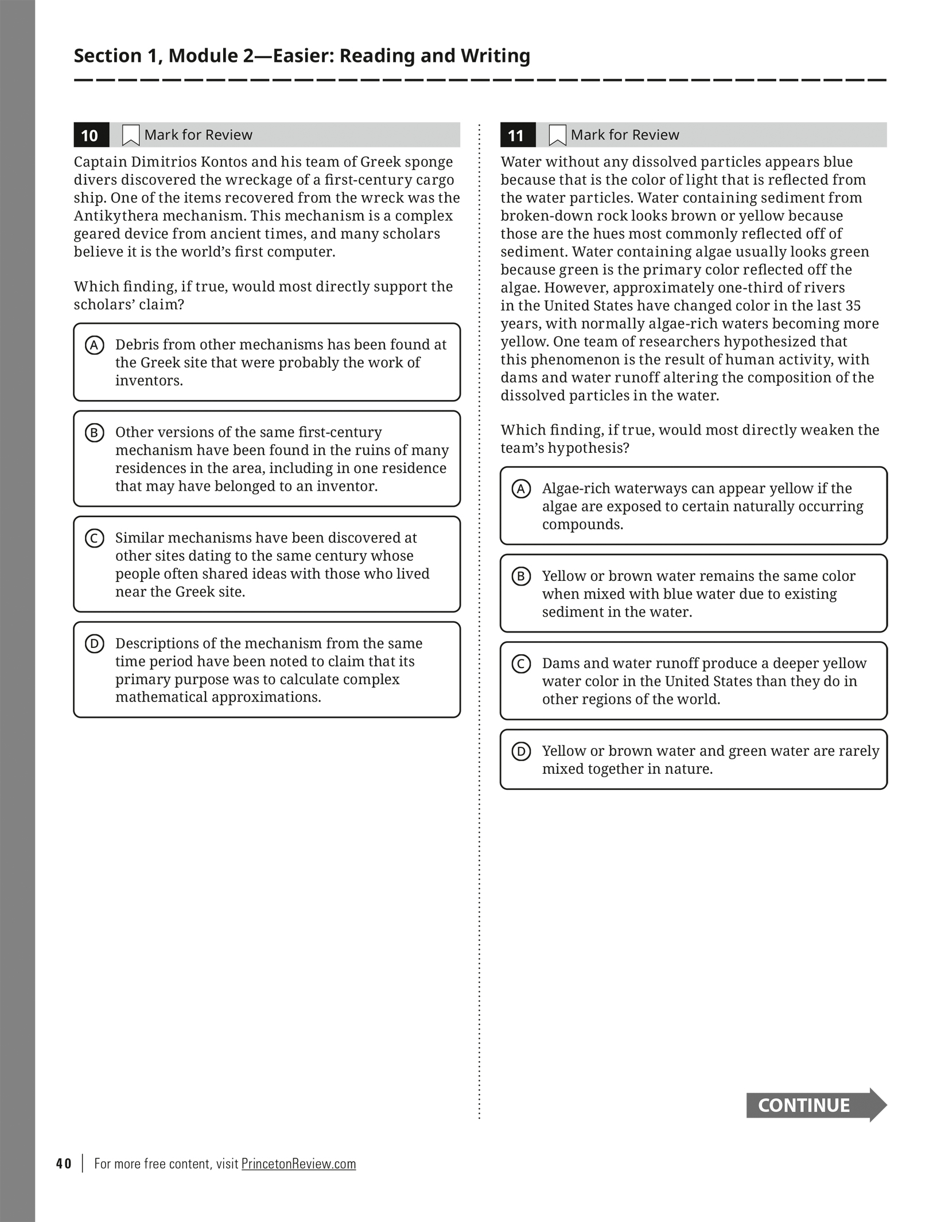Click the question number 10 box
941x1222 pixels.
pyautogui.click(x=91, y=135)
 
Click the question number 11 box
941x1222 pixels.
pyautogui.click(x=517, y=135)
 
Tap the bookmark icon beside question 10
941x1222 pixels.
pyautogui.click(x=131, y=135)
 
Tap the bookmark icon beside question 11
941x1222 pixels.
pyautogui.click(x=557, y=135)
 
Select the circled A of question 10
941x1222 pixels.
pyautogui.click(x=94, y=346)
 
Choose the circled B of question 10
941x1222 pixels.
pyautogui.click(x=94, y=433)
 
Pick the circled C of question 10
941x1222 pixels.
pyautogui.click(x=94, y=538)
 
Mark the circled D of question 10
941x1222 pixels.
pyautogui.click(x=94, y=644)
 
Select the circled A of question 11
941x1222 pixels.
pyautogui.click(x=521, y=489)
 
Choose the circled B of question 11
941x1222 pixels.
pyautogui.click(x=521, y=576)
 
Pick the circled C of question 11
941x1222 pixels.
pyautogui.click(x=521, y=664)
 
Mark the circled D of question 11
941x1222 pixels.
pyautogui.click(x=521, y=751)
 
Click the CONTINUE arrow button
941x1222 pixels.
pyautogui.click(x=815, y=1105)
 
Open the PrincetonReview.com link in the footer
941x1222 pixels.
pyautogui.click(x=298, y=1163)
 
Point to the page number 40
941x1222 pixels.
pyautogui.click(x=64, y=1163)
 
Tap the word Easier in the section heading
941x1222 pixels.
pyautogui.click(x=301, y=56)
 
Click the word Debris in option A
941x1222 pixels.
pyautogui.click(x=136, y=344)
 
